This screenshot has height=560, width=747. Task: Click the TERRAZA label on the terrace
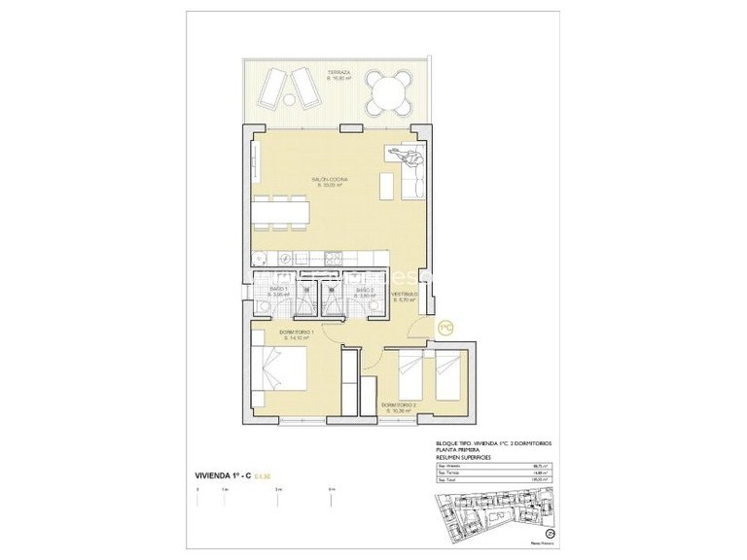click(x=338, y=74)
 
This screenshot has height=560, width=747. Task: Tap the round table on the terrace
click(x=389, y=96)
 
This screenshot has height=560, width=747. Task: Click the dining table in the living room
click(x=281, y=211)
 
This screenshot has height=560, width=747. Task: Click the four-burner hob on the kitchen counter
click(x=333, y=257)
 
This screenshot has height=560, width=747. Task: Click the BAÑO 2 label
click(x=365, y=292)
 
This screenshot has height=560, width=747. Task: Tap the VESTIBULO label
click(x=405, y=296)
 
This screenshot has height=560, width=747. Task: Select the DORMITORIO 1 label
click(x=298, y=336)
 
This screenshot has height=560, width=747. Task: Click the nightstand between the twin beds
click(x=427, y=362)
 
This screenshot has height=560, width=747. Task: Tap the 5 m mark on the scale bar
click(x=277, y=489)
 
